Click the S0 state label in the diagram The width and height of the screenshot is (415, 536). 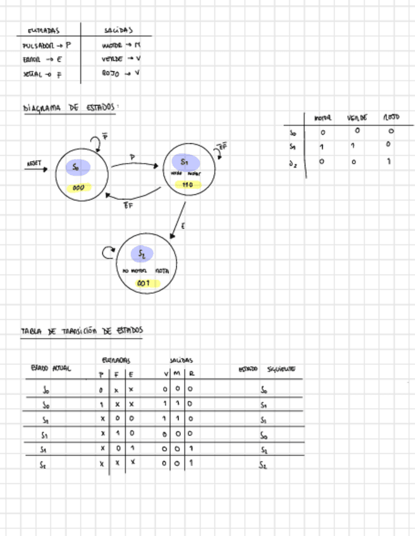(76, 167)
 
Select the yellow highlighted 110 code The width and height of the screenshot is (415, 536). (187, 185)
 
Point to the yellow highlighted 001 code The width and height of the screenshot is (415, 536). (144, 283)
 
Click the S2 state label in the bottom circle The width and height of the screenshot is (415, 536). (142, 254)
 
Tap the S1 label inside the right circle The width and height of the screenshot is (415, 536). (184, 162)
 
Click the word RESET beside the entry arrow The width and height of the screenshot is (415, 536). (34, 163)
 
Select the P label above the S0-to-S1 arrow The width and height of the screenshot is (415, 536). (132, 157)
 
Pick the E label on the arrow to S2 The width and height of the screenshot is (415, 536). (183, 226)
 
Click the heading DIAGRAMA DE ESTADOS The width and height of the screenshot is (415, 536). (70, 108)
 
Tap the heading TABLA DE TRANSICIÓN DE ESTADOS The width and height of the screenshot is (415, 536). (82, 331)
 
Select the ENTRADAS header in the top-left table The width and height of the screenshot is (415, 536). (44, 30)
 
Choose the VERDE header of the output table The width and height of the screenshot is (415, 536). (357, 118)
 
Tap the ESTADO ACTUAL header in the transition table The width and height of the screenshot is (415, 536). (51, 368)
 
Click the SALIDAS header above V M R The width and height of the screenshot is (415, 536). (181, 360)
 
